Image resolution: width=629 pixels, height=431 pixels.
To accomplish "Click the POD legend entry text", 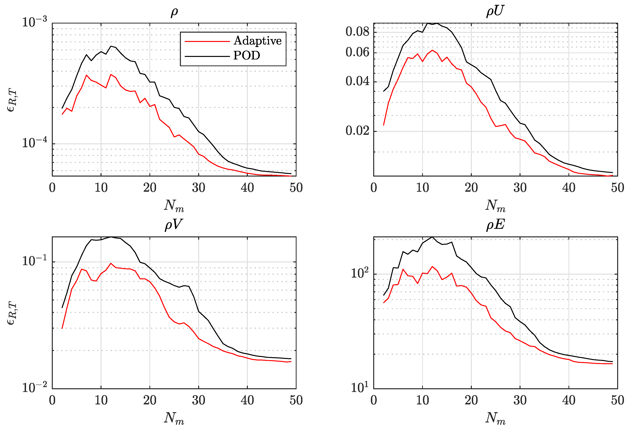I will click(x=246, y=56).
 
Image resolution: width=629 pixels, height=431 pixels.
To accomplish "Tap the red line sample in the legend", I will click(x=207, y=41).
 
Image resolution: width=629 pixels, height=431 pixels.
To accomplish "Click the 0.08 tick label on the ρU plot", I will click(x=357, y=32).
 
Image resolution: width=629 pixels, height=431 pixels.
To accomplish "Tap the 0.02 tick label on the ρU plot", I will click(x=357, y=131).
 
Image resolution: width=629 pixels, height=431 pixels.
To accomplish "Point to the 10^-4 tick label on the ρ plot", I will click(x=34, y=143).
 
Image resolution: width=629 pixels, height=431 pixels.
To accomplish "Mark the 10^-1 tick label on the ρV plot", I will click(x=34, y=261).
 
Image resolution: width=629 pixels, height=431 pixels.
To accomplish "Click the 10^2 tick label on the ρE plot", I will click(x=360, y=273).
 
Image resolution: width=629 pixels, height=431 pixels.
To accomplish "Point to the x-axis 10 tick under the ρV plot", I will click(x=101, y=400).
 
